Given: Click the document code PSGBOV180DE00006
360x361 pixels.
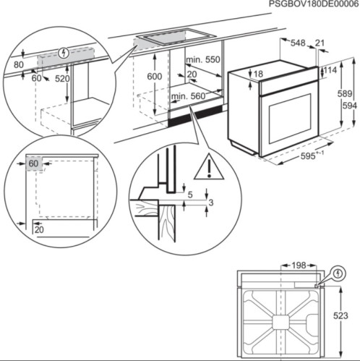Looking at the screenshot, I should pos(313,5).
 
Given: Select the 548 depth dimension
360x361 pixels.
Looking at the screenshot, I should pos(297,43).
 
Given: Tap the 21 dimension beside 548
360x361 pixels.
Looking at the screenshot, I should pos(320,43).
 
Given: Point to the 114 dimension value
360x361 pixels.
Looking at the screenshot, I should pos(330,70).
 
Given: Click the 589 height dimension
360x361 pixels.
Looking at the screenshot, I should pos(347,93).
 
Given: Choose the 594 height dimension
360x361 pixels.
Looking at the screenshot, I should pos(350,106).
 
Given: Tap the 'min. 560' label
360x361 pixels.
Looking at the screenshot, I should pos(188,95).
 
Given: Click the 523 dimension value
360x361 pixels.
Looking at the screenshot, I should pos(341,315).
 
